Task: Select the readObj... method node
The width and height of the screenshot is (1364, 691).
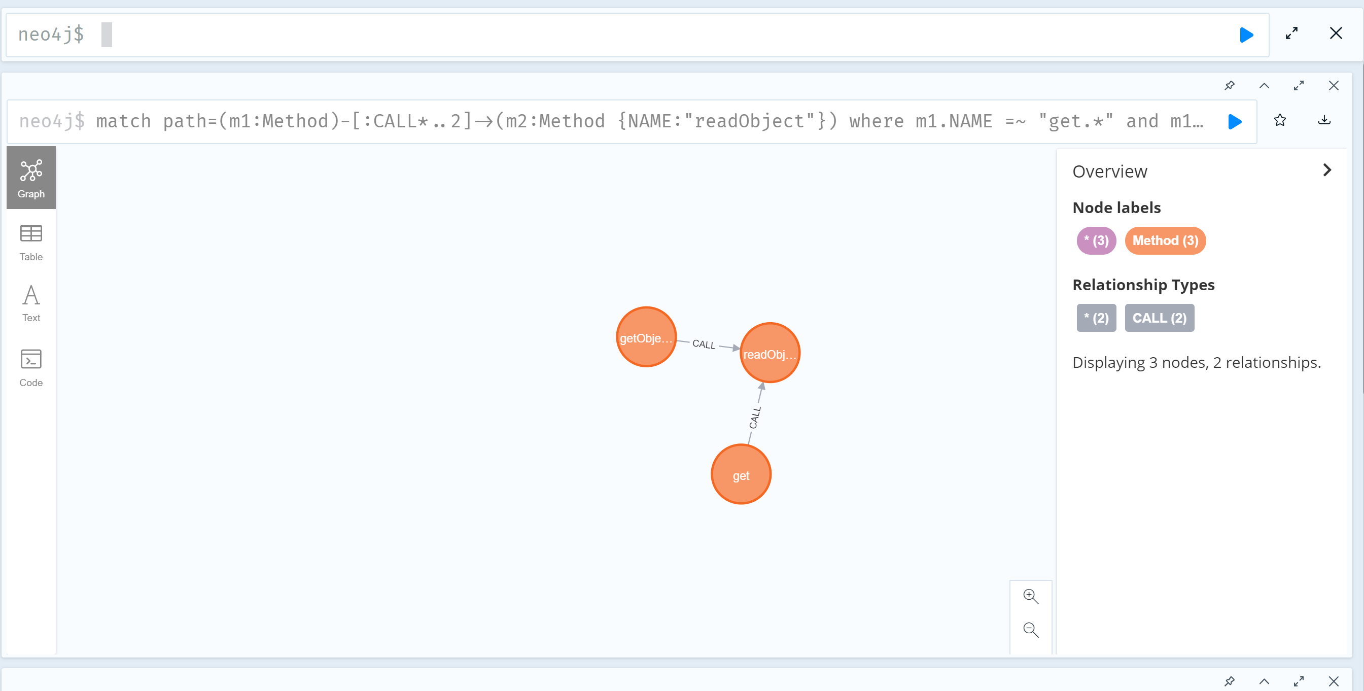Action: [770, 353]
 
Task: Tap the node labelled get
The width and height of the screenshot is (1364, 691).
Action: [741, 474]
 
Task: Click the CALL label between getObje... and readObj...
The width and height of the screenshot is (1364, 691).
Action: [704, 344]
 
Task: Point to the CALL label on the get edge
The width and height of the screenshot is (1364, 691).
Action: [755, 417]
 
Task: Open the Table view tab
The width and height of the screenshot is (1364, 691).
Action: [31, 243]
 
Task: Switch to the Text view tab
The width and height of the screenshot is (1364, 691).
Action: [31, 303]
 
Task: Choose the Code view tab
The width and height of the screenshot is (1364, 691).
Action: [31, 368]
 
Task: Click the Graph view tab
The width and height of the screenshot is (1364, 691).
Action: [31, 178]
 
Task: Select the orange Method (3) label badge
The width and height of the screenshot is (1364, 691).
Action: [1165, 241]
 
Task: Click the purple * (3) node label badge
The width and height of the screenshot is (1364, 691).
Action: [1096, 241]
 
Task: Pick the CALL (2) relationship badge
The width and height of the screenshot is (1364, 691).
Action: [1159, 318]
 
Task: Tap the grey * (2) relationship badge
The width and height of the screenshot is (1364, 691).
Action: [1096, 318]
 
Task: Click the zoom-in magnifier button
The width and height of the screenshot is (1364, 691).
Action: [1030, 597]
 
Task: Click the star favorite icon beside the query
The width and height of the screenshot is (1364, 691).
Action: [1280, 121]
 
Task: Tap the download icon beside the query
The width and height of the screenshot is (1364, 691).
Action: [1324, 121]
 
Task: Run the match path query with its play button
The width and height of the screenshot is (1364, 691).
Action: [1235, 122]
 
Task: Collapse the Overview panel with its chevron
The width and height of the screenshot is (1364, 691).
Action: [1327, 170]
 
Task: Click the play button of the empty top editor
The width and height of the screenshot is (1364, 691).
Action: [1246, 35]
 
